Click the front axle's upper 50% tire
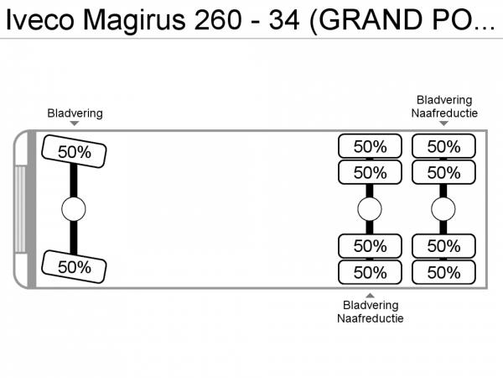(x=75, y=151)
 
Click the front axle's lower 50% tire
(x=75, y=266)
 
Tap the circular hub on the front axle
(x=74, y=208)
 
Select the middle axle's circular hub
(x=370, y=208)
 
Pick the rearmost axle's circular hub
(x=443, y=208)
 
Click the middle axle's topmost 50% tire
(x=370, y=146)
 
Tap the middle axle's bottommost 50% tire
(x=370, y=272)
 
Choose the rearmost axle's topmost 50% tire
(x=443, y=146)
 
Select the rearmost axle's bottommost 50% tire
(x=443, y=272)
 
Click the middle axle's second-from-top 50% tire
(x=370, y=172)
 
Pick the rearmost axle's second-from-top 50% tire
(x=443, y=172)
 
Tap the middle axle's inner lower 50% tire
(x=370, y=246)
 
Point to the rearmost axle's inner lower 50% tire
(x=443, y=246)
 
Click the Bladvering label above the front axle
(x=75, y=113)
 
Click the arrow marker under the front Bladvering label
(x=75, y=124)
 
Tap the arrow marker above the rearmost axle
(x=444, y=124)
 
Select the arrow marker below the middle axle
(x=370, y=294)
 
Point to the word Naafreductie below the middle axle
(x=370, y=318)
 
